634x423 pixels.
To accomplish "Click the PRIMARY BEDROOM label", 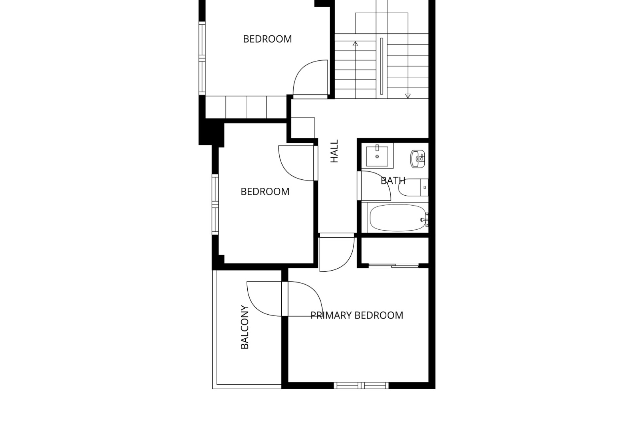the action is [357, 315].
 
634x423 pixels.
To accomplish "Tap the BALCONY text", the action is [245, 327].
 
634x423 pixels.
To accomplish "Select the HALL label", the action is [335, 151].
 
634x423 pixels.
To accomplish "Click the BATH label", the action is [393, 180].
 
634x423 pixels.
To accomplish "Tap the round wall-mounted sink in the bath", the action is [418, 159].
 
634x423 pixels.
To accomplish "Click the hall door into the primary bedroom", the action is [337, 252].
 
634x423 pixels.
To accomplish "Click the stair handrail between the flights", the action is [382, 66].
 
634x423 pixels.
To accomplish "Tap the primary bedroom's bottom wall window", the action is [361, 385].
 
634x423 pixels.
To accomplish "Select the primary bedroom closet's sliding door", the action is [394, 265].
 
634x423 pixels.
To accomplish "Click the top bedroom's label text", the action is [267, 39].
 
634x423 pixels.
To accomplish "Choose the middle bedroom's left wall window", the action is [215, 204].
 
